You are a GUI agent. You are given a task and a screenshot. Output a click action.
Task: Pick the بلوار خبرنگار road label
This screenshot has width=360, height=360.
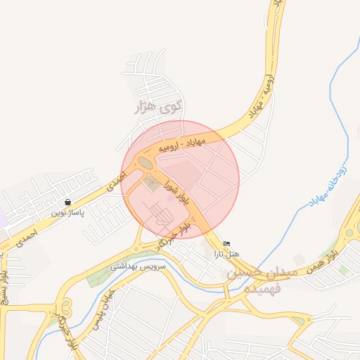(173, 236)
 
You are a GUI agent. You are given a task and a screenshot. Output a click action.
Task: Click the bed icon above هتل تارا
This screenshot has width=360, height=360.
(226, 243)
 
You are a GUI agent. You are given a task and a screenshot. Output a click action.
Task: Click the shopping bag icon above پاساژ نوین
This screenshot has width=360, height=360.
(67, 202)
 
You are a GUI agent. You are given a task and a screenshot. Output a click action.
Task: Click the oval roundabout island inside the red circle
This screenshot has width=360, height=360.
(145, 162)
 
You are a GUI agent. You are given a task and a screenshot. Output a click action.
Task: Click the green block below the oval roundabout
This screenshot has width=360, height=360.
(151, 184)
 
